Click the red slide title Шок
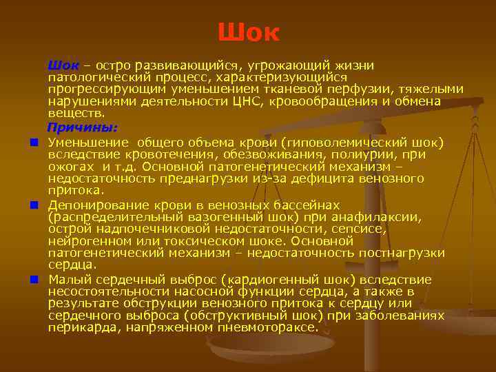[x=248, y=32]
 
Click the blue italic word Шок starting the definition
[x=63, y=65]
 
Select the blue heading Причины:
[x=82, y=127]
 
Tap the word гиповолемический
[x=348, y=143]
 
